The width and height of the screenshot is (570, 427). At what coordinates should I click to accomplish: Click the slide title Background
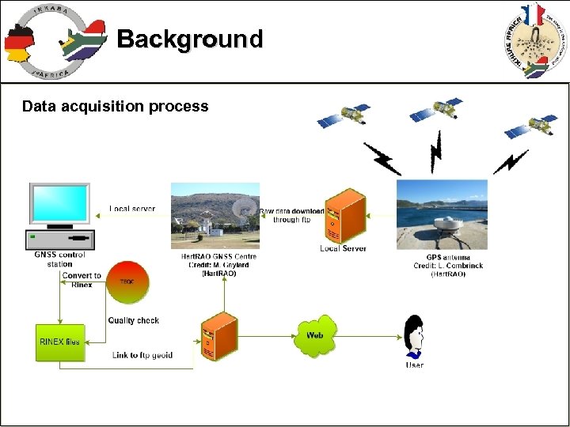(189, 39)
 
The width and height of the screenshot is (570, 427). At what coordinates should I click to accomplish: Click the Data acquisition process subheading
(115, 106)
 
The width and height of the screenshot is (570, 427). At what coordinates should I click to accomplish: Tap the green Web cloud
(315, 335)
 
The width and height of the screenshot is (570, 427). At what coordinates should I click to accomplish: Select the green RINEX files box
(60, 342)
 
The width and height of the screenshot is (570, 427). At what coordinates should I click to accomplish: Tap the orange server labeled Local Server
(344, 214)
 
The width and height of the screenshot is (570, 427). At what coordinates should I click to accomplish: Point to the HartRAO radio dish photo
(215, 216)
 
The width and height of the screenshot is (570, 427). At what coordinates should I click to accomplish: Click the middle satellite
(435, 109)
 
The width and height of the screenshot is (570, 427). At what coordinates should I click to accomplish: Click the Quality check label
(133, 320)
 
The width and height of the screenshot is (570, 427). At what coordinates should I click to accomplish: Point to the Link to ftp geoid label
(142, 355)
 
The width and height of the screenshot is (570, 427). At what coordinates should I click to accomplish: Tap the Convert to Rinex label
(82, 280)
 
